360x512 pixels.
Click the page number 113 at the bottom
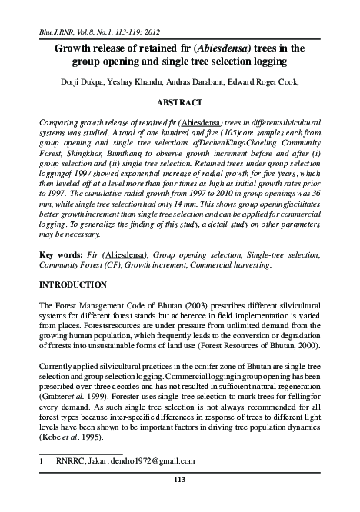point(179,481)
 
